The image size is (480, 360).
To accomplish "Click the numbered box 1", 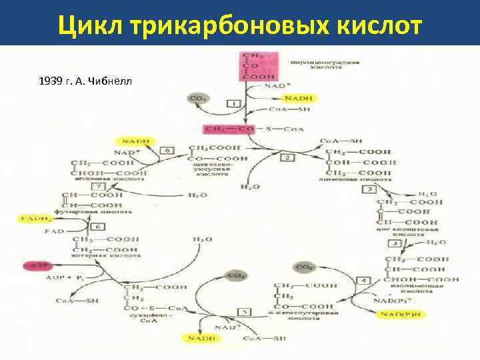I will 234,103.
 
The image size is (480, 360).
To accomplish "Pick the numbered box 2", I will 288,157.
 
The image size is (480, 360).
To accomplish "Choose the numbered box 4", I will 364,280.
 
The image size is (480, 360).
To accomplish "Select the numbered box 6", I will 97,227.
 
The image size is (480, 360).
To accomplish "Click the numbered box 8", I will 169,151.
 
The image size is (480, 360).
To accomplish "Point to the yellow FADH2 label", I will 33,218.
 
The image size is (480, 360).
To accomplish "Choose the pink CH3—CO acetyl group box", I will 229,128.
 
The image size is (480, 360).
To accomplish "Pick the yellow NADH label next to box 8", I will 135,141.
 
